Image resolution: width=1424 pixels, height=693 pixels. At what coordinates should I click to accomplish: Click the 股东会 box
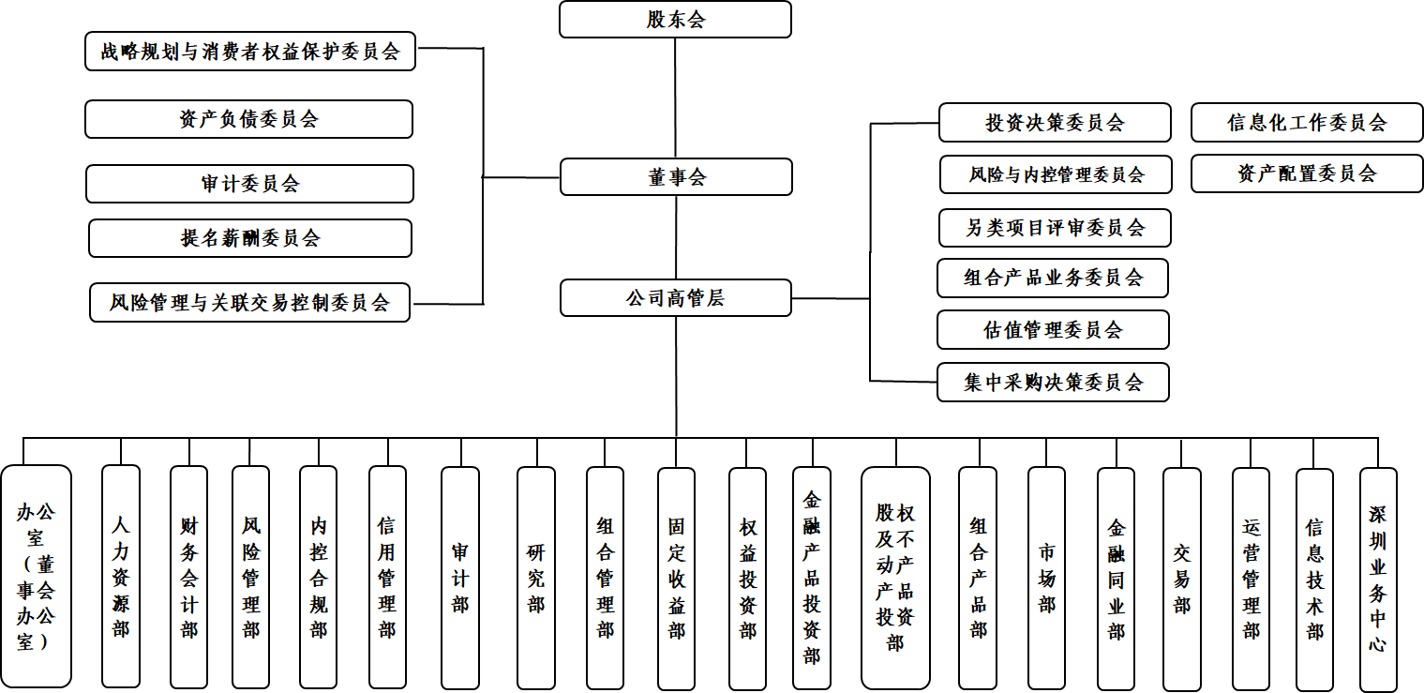(675, 20)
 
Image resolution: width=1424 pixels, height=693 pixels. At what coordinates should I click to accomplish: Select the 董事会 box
(676, 177)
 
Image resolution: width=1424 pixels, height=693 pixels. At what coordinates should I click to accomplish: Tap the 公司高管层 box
(675, 298)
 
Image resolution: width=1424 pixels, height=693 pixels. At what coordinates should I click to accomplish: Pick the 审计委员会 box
(249, 184)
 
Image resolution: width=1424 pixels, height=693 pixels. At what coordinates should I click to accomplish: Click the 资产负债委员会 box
(248, 119)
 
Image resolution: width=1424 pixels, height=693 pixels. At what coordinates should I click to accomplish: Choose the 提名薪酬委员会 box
(250, 238)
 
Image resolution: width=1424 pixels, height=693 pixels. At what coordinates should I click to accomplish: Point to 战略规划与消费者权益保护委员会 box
(250, 52)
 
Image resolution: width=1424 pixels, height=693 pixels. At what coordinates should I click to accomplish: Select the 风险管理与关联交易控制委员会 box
(249, 303)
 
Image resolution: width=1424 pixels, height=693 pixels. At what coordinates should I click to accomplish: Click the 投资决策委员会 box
(1055, 123)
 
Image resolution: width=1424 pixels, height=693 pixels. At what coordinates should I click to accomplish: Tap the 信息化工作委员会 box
(1307, 123)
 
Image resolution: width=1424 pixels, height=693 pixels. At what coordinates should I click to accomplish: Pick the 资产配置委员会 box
(1307, 173)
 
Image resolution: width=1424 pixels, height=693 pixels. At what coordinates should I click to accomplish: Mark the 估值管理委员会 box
(1053, 330)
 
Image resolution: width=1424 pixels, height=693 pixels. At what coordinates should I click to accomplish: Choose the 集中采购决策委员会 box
(1053, 383)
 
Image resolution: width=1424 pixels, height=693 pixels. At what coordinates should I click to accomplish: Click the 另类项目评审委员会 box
(1055, 228)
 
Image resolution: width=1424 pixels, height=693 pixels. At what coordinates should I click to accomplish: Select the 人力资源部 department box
(121, 576)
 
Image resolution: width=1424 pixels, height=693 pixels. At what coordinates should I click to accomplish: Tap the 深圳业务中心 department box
(1378, 579)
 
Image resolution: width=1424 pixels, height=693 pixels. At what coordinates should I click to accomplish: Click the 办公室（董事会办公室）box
(36, 576)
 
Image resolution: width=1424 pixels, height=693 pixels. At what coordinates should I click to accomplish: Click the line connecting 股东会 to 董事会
(676, 98)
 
